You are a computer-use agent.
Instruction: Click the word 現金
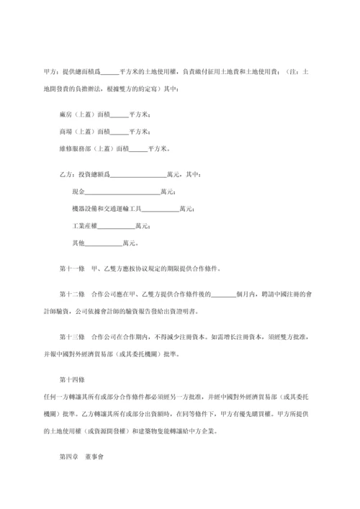click(78, 192)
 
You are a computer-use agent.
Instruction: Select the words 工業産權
click(85, 227)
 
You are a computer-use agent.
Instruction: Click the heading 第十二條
click(72, 295)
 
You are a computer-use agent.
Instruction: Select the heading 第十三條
click(72, 337)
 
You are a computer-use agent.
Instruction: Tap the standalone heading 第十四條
click(72, 379)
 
